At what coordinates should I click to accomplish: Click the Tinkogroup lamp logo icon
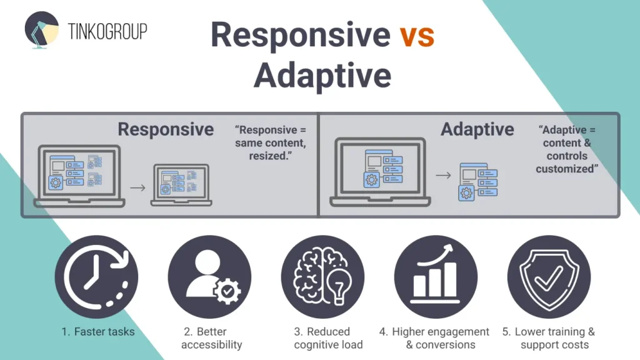click(x=41, y=31)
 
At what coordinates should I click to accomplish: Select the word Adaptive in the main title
click(x=322, y=76)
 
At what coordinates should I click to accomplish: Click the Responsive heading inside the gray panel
click(x=166, y=129)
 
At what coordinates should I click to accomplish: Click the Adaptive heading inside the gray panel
click(x=477, y=129)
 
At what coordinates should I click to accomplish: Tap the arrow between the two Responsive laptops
click(x=138, y=186)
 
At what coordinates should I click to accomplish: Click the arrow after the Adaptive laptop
click(x=443, y=176)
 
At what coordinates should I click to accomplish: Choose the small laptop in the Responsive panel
click(x=181, y=185)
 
